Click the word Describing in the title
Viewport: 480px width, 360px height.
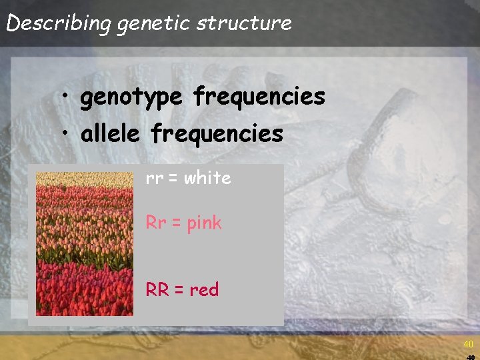click(x=59, y=23)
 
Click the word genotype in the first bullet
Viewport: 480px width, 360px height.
click(x=131, y=97)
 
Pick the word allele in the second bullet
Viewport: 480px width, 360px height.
click(x=111, y=134)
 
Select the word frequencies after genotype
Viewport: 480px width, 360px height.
click(x=259, y=97)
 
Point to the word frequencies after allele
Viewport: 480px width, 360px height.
click(x=217, y=134)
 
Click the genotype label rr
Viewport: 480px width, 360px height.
click(x=155, y=179)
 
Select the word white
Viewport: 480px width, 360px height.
click(x=207, y=178)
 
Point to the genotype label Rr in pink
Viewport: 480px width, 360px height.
click(x=156, y=223)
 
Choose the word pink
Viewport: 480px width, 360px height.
click(x=205, y=223)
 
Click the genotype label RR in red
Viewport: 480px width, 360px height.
click(x=158, y=289)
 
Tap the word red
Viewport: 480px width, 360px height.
click(x=204, y=290)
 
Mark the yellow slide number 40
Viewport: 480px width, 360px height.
click(x=469, y=345)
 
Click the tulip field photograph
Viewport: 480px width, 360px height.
click(x=84, y=244)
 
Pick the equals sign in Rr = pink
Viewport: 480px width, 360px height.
click(x=177, y=223)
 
